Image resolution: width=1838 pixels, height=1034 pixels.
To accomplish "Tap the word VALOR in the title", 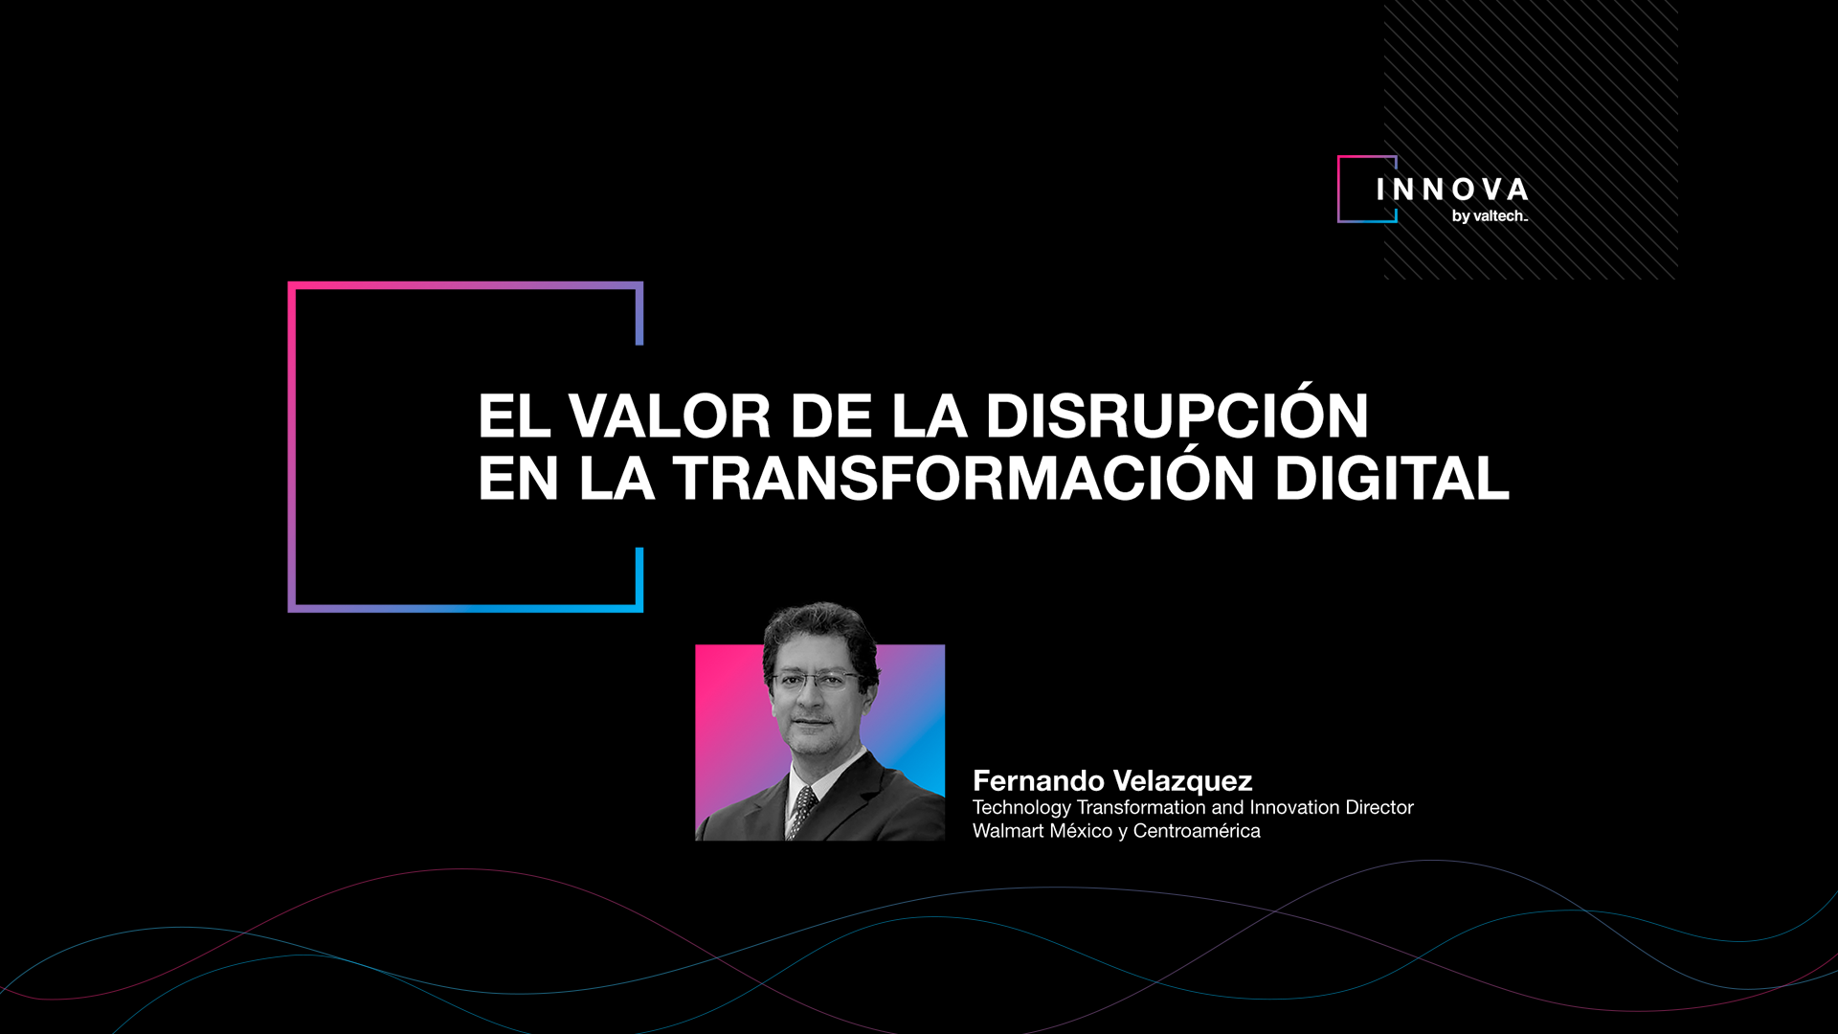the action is pyautogui.click(x=670, y=416).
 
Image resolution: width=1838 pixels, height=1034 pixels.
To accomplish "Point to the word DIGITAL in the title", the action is pyautogui.click(x=1392, y=477).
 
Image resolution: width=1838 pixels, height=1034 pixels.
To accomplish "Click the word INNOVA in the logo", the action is pyautogui.click(x=1452, y=190).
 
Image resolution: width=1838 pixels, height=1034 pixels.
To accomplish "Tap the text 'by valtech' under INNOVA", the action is pyautogui.click(x=1490, y=216).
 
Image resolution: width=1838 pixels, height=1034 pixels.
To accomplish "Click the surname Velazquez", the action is pyautogui.click(x=1183, y=781).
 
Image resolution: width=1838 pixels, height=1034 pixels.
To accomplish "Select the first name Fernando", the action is pyautogui.click(x=1039, y=781).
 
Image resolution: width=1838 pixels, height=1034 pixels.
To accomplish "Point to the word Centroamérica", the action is pyautogui.click(x=1197, y=831).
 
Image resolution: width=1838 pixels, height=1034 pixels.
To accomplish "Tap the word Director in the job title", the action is pyautogui.click(x=1379, y=807).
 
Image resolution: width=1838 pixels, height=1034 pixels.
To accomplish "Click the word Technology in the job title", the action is pyautogui.click(x=1021, y=808).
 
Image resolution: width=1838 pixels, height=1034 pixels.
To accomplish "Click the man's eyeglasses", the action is pyautogui.click(x=817, y=681).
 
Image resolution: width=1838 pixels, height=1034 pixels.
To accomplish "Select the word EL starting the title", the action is pyautogui.click(x=512, y=416).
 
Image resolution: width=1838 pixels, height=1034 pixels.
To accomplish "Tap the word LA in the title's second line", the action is pyautogui.click(x=616, y=477).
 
